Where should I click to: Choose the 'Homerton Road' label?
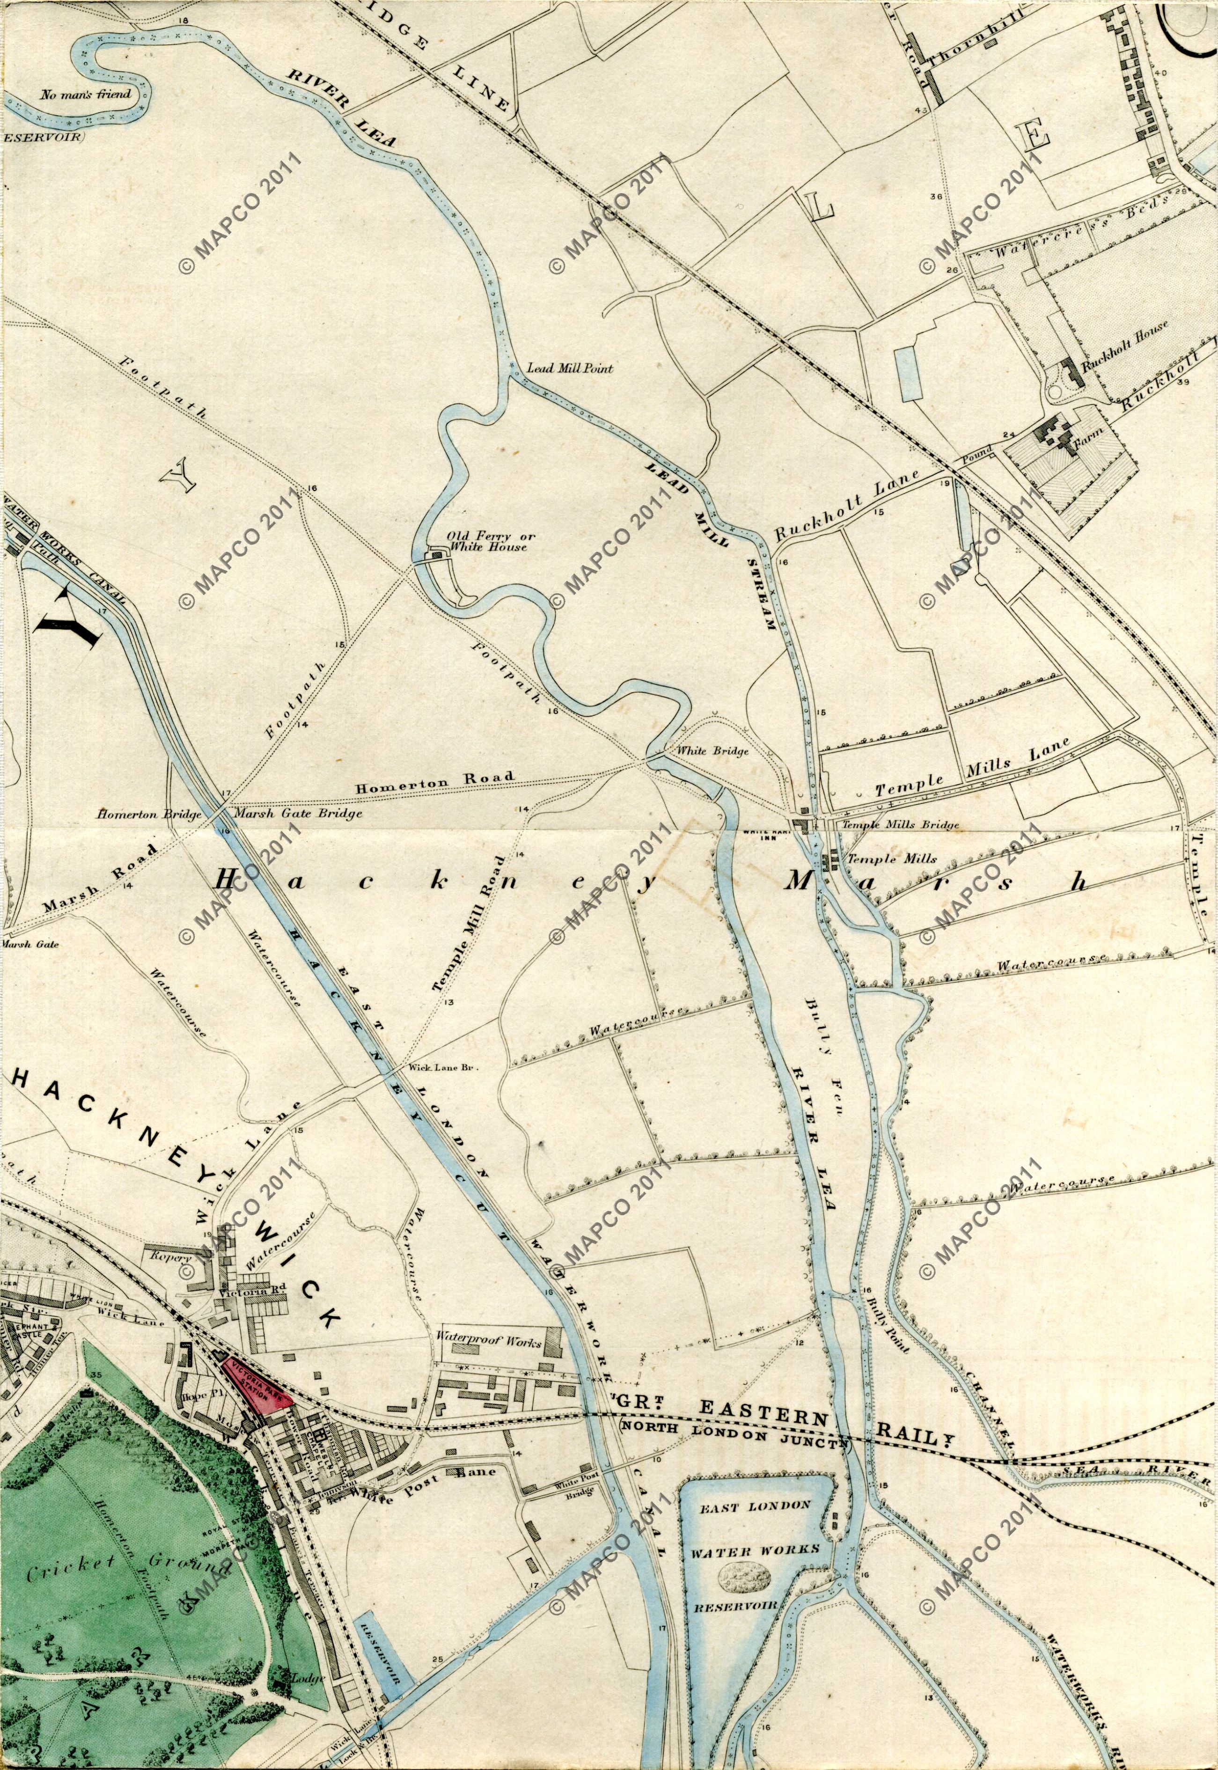point(434,780)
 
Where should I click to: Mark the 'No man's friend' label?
point(86,95)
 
